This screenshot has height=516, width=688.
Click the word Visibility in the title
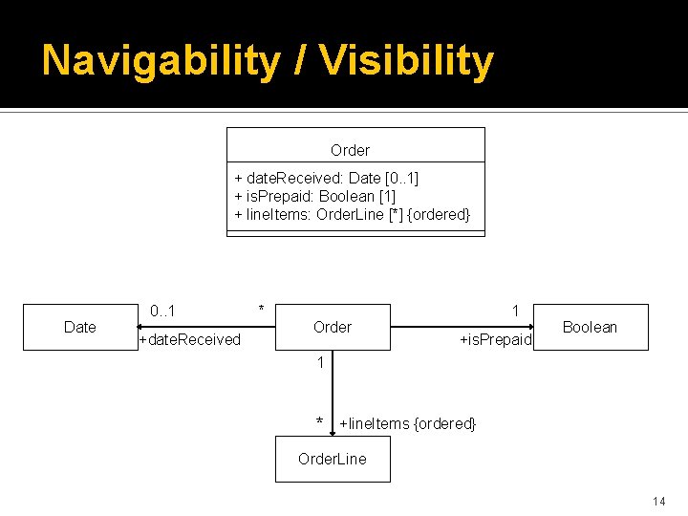pyautogui.click(x=407, y=61)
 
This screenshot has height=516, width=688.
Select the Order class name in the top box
pyautogui.click(x=350, y=150)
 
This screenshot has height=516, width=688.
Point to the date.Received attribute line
pyautogui.click(x=326, y=179)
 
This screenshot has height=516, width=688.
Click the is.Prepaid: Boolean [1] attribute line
pyautogui.click(x=314, y=196)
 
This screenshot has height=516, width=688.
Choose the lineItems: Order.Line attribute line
pyautogui.click(x=352, y=214)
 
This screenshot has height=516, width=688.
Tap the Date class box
pyautogui.click(x=79, y=327)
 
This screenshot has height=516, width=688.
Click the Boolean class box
pyautogui.click(x=590, y=327)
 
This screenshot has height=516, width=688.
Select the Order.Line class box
pyautogui.click(x=332, y=459)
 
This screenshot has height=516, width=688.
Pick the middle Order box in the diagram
pyautogui.click(x=332, y=327)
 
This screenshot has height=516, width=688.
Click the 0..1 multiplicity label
pyautogui.click(x=161, y=311)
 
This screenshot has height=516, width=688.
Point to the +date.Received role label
pyautogui.click(x=189, y=340)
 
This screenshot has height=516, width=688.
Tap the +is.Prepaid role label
pyautogui.click(x=495, y=340)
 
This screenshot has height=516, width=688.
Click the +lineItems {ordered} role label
pyautogui.click(x=407, y=423)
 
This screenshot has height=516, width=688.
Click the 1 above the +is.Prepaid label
pyautogui.click(x=515, y=311)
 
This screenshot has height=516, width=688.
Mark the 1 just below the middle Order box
pyautogui.click(x=321, y=363)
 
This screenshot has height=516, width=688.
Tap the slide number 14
pyautogui.click(x=658, y=502)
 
